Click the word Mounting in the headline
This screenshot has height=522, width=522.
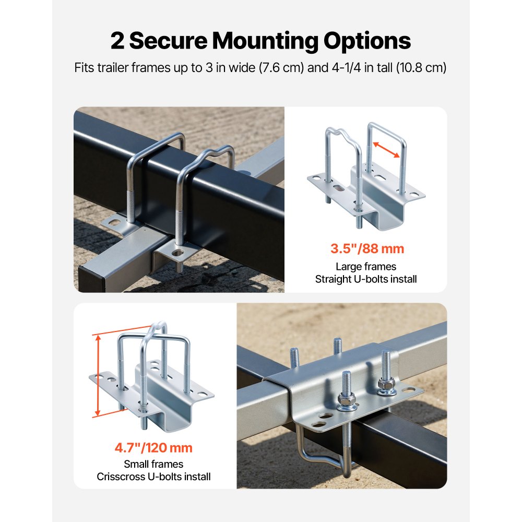point(265,41)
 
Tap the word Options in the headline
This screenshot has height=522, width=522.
point(367,41)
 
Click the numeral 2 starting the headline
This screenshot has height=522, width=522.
point(117,41)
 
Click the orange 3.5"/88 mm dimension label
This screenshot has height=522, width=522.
point(367,248)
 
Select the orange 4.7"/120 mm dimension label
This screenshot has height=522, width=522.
point(153,448)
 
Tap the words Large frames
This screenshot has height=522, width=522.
point(366,267)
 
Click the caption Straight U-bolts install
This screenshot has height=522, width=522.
point(366,279)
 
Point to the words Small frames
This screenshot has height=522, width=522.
point(153,464)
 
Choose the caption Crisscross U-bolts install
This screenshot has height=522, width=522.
point(153,477)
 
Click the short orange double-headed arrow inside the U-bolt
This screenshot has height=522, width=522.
point(386,150)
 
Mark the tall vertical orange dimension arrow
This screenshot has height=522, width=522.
point(98,376)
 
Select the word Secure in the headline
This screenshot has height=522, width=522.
point(168,41)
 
